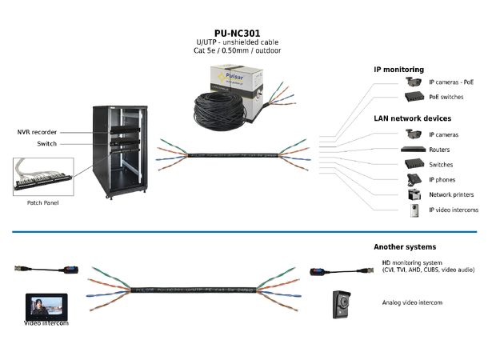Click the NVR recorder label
(x=37, y=132)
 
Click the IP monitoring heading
(x=398, y=70)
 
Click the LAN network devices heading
(x=413, y=118)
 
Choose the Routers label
(x=439, y=150)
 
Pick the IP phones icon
(x=414, y=179)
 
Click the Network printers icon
(x=414, y=194)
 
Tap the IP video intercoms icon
(x=414, y=210)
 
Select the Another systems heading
(x=405, y=247)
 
